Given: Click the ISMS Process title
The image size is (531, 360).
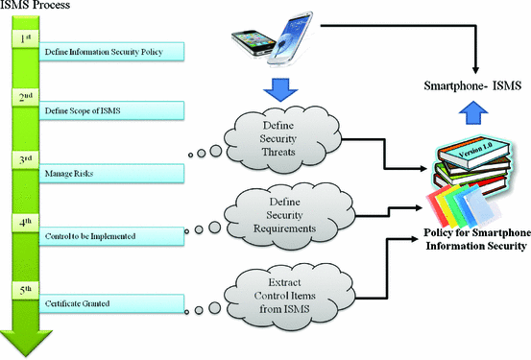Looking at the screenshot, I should pos(37,9).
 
